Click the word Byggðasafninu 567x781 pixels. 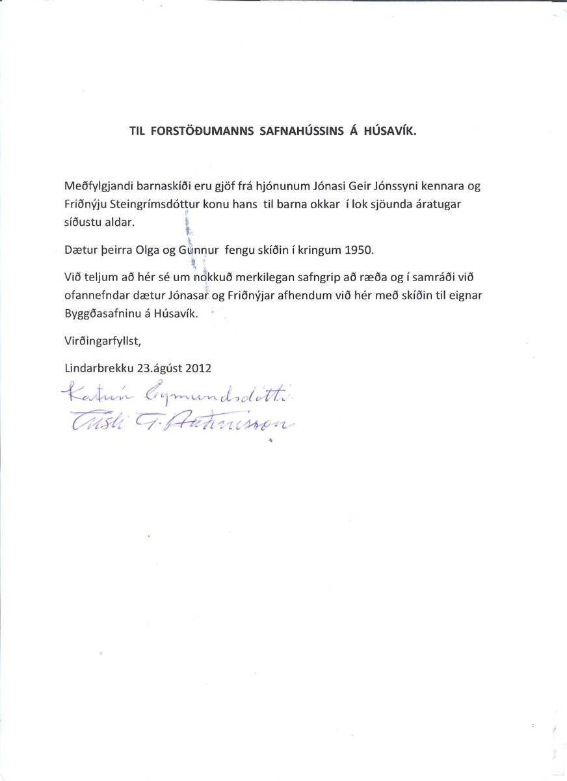(x=101, y=313)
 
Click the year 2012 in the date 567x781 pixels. (x=198, y=366)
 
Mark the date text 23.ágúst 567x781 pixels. (x=159, y=366)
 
